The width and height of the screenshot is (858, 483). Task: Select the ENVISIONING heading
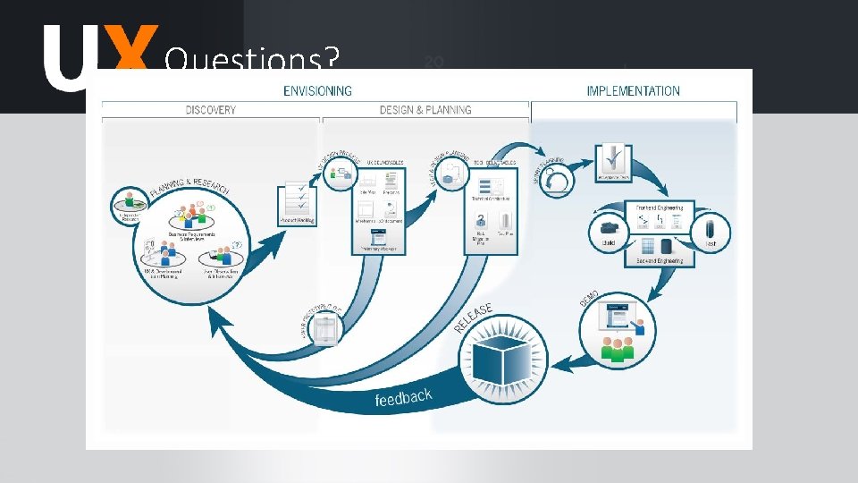[317, 90]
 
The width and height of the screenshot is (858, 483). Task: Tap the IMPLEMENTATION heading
[633, 90]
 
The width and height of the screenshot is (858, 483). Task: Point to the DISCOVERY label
[211, 110]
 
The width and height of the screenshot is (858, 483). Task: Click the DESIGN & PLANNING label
[425, 110]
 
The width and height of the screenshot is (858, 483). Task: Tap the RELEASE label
[474, 318]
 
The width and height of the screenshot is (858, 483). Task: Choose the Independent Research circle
[130, 204]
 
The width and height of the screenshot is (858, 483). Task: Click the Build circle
[610, 231]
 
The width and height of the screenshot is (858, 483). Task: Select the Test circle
[711, 231]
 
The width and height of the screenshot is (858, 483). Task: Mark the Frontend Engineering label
[660, 208]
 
